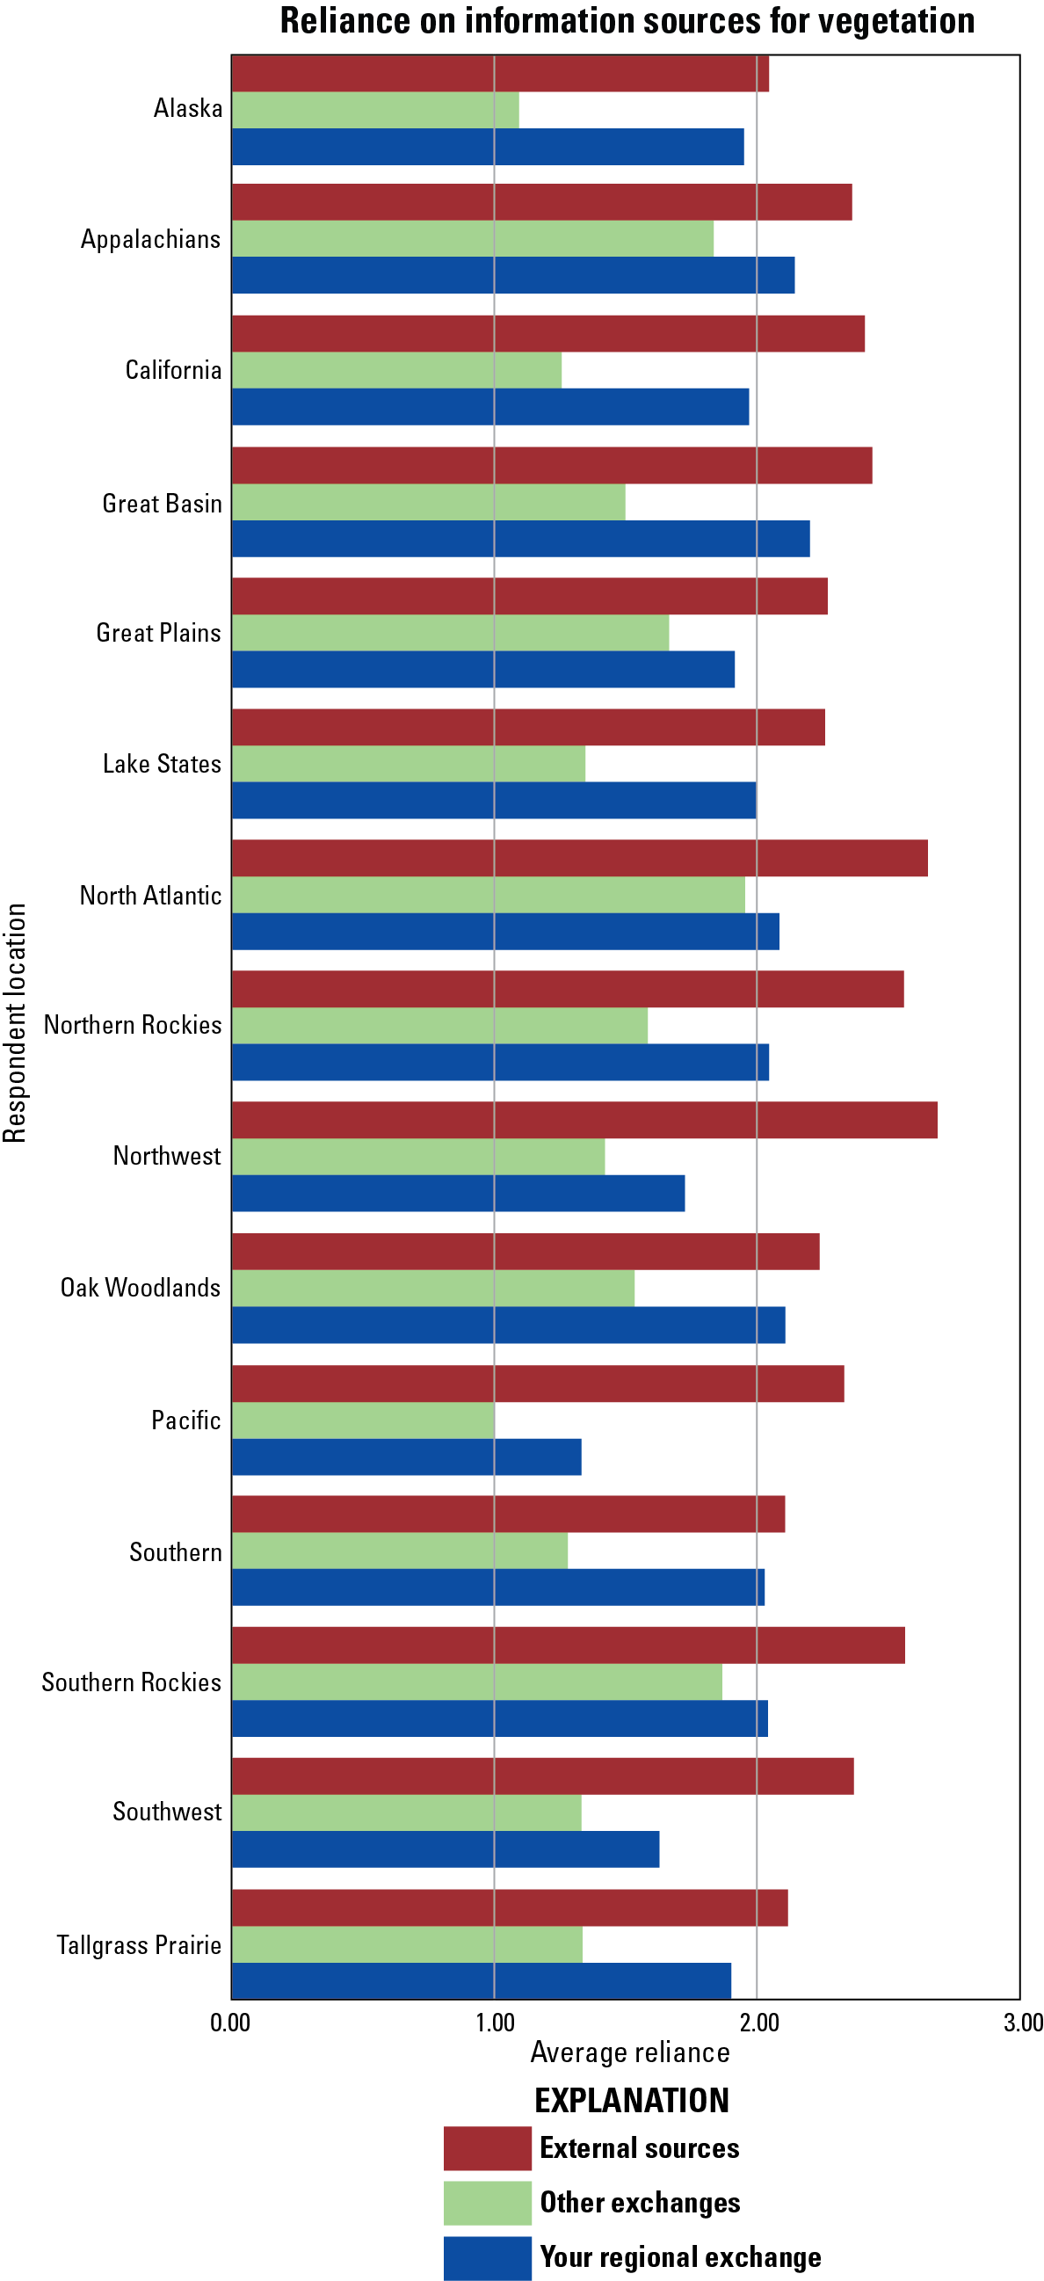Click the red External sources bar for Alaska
(x=500, y=75)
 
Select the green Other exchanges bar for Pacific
(x=363, y=1420)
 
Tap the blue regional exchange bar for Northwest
(x=458, y=1193)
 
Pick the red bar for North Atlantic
(x=580, y=858)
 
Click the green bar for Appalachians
(x=473, y=239)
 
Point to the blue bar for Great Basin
(x=520, y=538)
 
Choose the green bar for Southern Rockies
(x=477, y=1682)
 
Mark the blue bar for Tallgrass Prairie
(x=482, y=1980)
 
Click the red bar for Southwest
(x=543, y=1776)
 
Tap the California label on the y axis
(x=173, y=370)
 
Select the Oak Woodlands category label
(x=141, y=1288)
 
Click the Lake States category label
(x=162, y=764)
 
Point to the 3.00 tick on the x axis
(x=1023, y=2023)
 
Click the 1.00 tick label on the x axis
(x=495, y=2023)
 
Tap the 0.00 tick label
(x=230, y=2023)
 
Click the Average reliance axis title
(x=629, y=2052)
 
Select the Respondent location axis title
(x=15, y=1023)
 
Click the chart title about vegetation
(x=627, y=21)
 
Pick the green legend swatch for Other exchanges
(x=487, y=2202)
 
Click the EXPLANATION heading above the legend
(x=631, y=2100)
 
